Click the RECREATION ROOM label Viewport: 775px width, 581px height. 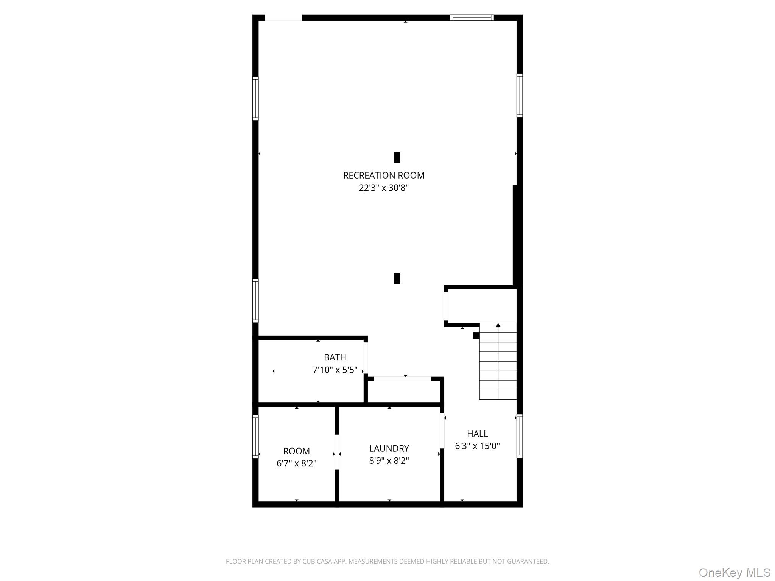(x=383, y=176)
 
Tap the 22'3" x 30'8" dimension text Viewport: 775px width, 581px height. (x=383, y=188)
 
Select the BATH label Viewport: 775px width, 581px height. (x=335, y=357)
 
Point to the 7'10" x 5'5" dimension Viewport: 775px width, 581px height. (x=335, y=370)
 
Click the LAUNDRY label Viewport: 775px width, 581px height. (x=389, y=449)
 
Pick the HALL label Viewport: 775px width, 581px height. (x=477, y=434)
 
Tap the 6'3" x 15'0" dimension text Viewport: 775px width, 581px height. (x=477, y=446)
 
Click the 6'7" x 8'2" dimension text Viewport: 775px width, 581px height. (x=296, y=464)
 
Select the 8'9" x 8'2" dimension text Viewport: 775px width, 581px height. (x=389, y=461)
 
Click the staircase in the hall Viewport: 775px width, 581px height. (x=498, y=361)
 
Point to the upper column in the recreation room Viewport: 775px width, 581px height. (x=397, y=158)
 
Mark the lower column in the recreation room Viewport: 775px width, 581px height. (x=397, y=278)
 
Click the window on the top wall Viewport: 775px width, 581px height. (x=472, y=18)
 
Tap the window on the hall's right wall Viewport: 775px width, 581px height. (x=520, y=436)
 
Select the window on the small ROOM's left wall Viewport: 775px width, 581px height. (x=255, y=437)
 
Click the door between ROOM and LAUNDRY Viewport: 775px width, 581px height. (x=336, y=452)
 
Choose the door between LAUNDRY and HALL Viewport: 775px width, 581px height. (x=442, y=431)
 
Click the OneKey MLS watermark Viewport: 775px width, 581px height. (x=734, y=573)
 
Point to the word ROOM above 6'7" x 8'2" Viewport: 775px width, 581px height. (x=296, y=451)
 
